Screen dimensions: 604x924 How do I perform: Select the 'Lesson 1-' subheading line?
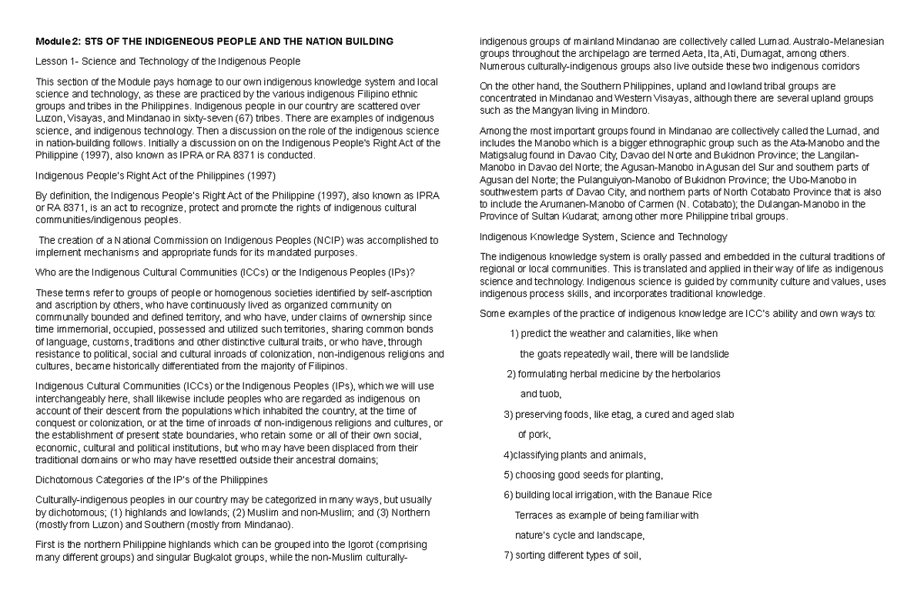(168, 61)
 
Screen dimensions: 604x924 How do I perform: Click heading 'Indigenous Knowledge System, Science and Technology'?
(603, 236)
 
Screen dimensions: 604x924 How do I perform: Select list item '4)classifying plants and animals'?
(574, 454)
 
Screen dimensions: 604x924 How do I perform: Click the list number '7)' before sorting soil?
(507, 555)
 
